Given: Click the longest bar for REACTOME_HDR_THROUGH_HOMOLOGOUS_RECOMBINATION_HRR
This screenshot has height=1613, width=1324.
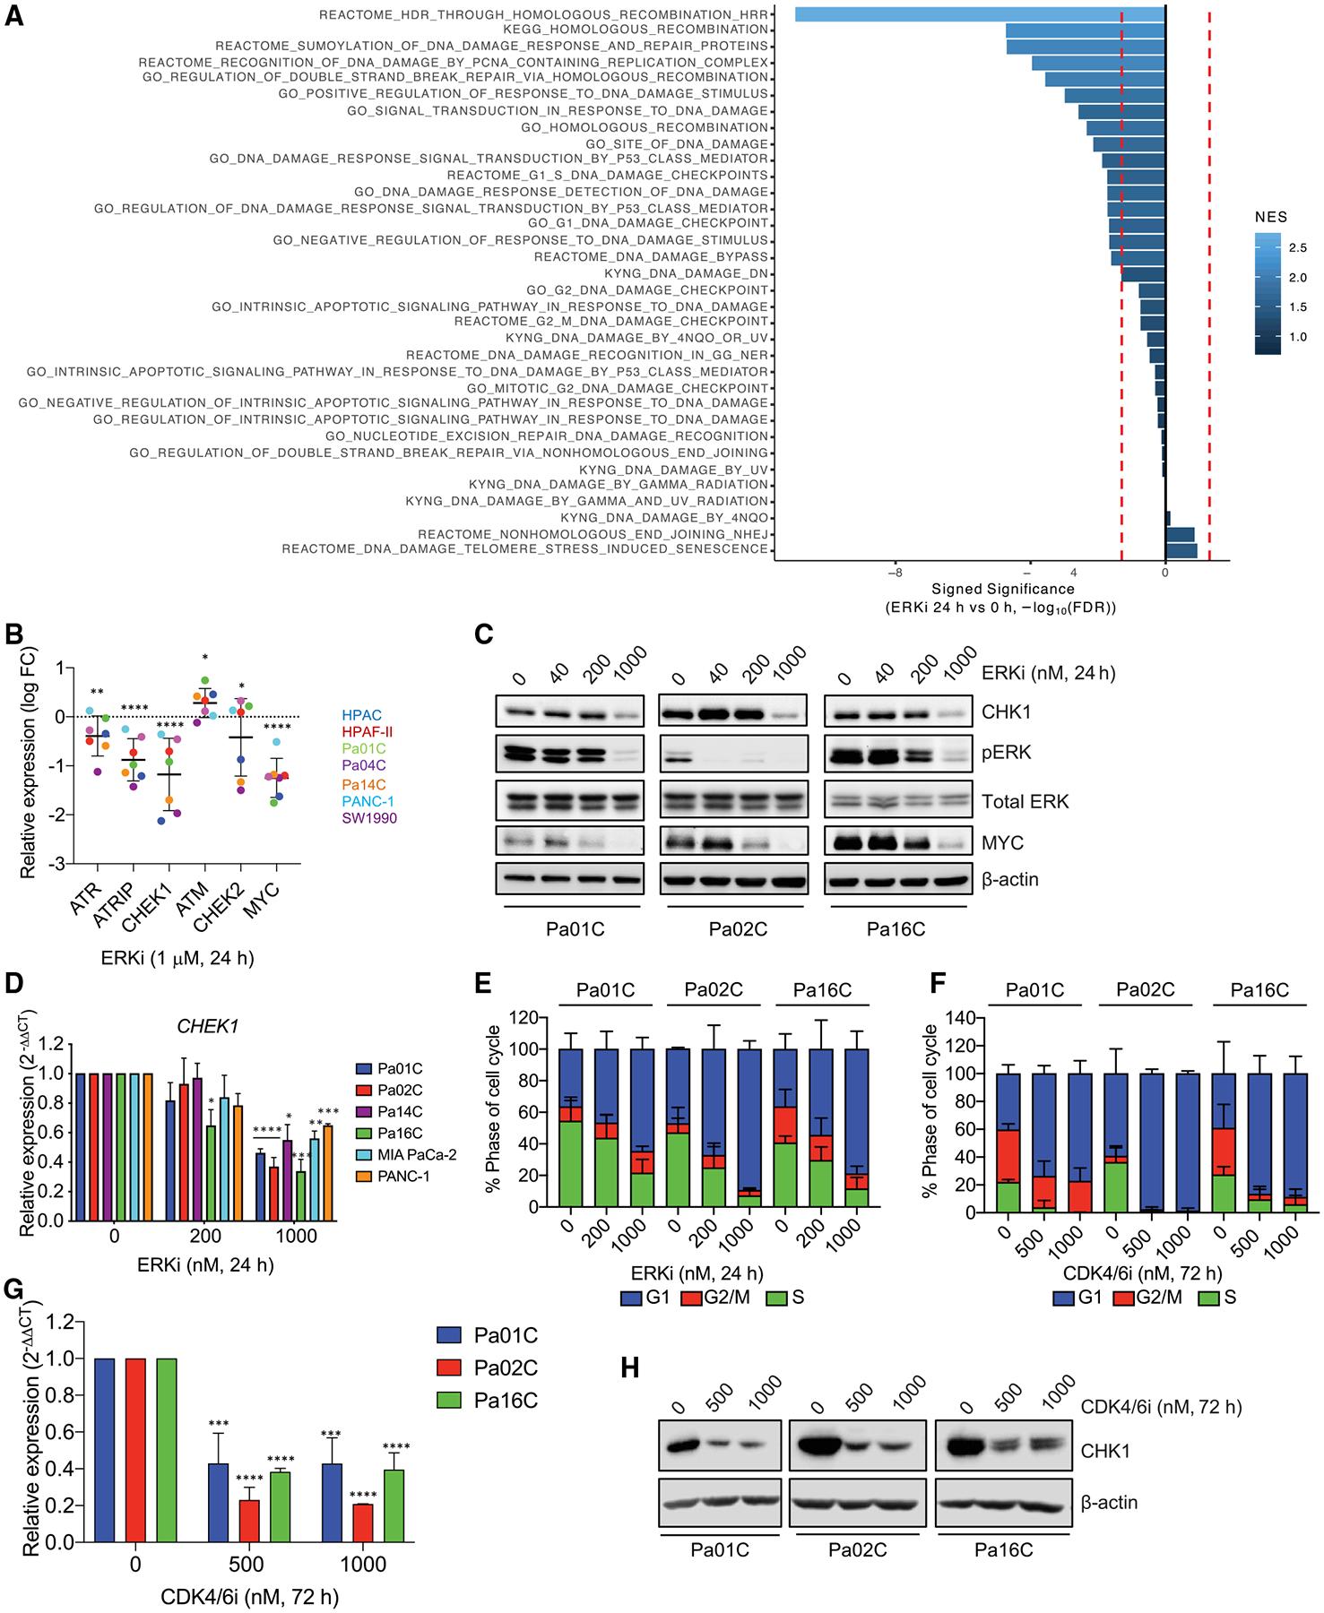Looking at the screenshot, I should pyautogui.click(x=979, y=14).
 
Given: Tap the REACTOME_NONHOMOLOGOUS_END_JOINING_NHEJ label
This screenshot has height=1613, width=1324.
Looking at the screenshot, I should pyautogui.click(x=593, y=534).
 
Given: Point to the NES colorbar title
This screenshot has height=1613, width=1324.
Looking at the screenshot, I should pyautogui.click(x=1270, y=217).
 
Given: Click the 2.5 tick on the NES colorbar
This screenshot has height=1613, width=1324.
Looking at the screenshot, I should pyautogui.click(x=1297, y=247).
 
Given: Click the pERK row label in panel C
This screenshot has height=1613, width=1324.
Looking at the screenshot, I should pyautogui.click(x=1007, y=753).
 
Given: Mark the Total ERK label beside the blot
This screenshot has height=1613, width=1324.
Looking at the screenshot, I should pyautogui.click(x=1025, y=801).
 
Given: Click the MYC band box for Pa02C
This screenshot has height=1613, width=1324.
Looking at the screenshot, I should pyautogui.click(x=733, y=843).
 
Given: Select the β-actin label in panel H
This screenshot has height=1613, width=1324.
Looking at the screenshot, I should pyautogui.click(x=1110, y=1503).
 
